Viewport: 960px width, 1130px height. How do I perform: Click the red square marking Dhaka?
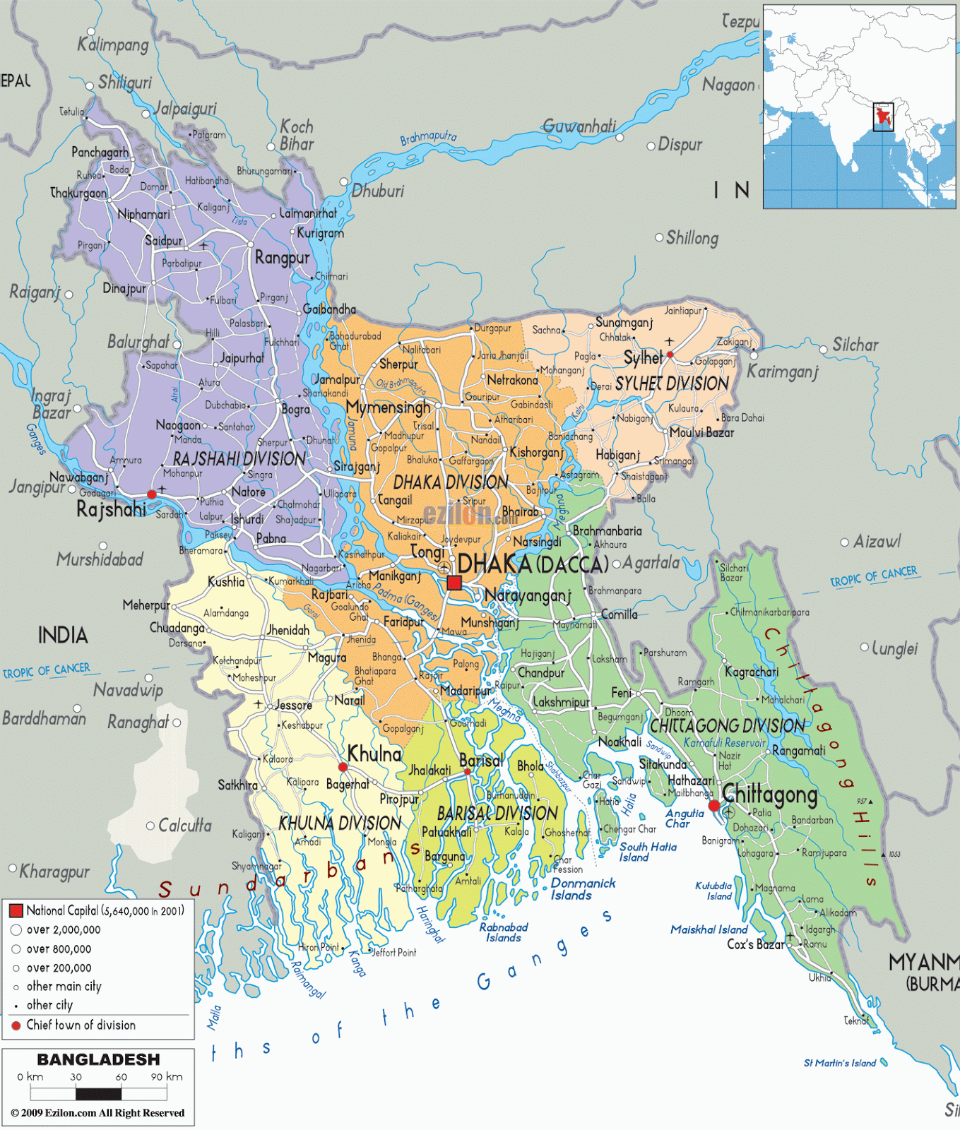[454, 583]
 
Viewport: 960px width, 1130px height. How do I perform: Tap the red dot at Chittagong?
[714, 805]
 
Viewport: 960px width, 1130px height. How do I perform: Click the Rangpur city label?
[282, 258]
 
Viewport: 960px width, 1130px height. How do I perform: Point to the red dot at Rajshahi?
[151, 494]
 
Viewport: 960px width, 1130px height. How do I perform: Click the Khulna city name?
[374, 754]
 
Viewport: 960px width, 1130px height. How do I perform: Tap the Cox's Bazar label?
[755, 944]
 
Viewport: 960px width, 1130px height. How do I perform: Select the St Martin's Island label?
[840, 1063]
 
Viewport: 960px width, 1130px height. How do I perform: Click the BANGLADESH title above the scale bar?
[98, 1059]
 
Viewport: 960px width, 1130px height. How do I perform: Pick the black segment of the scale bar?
[98, 1094]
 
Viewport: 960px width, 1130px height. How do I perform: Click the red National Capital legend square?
[16, 911]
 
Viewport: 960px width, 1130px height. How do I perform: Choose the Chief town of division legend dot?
[16, 1025]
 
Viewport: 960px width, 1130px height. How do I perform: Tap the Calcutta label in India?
[184, 825]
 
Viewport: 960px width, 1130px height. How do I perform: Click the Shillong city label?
[692, 238]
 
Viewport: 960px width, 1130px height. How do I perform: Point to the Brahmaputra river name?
[428, 138]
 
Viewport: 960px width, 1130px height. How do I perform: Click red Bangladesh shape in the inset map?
[882, 117]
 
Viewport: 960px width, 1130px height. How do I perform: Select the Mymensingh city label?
[388, 408]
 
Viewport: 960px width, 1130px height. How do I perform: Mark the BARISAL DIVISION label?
[497, 814]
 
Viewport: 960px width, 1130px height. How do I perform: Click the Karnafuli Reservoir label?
[724, 743]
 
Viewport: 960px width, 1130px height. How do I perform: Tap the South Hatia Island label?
[647, 852]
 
